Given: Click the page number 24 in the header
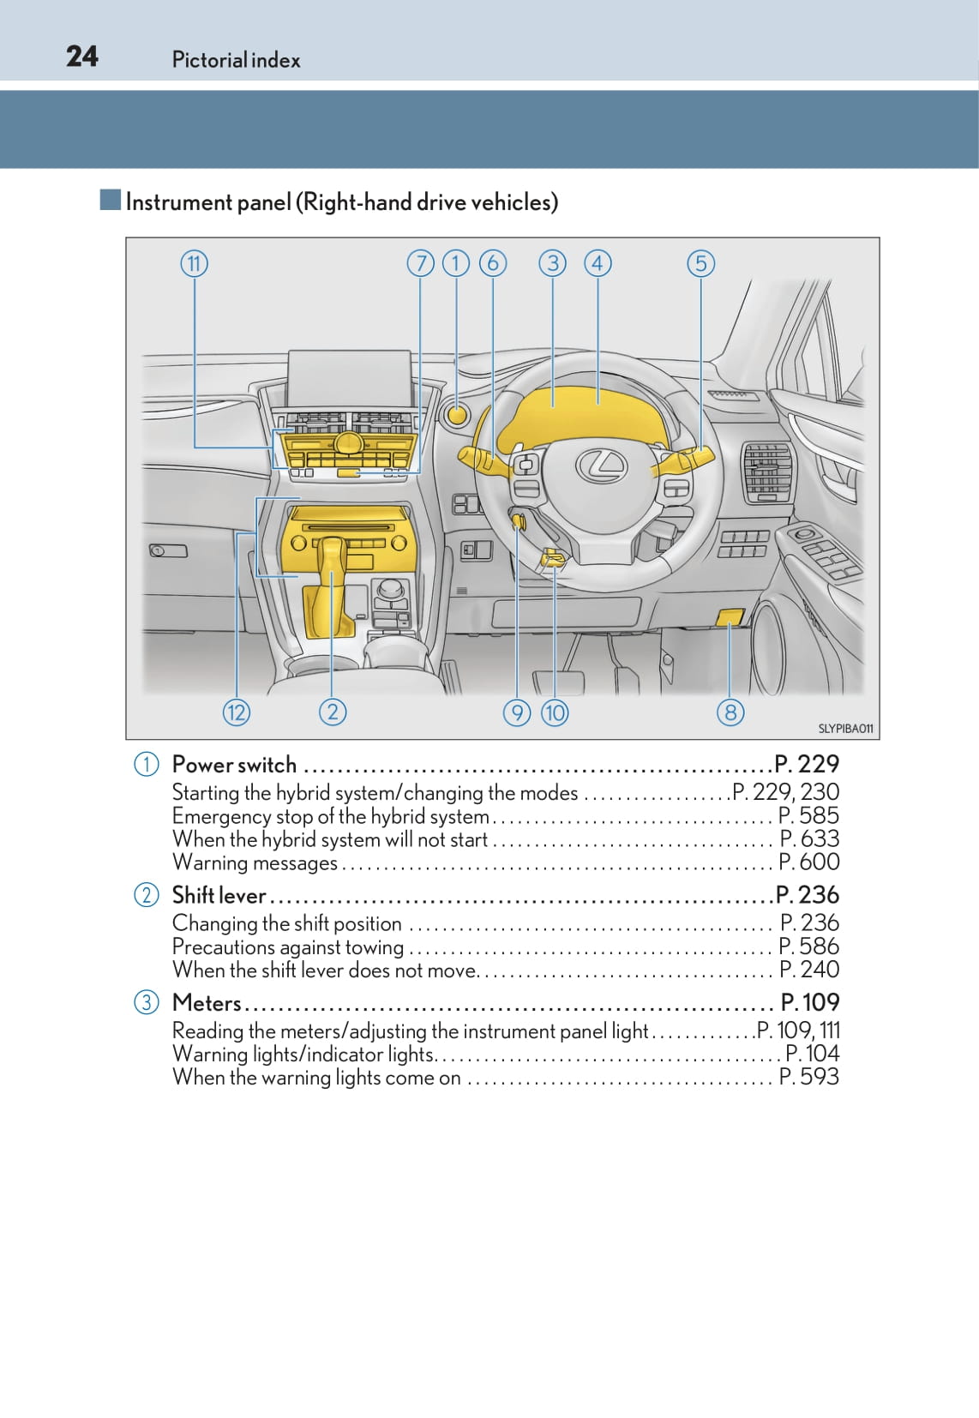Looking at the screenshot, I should click(x=82, y=57).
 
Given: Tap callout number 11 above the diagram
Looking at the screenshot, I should click(x=195, y=263).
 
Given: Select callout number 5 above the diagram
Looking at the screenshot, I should click(x=700, y=263).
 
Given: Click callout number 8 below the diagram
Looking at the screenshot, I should click(x=730, y=712).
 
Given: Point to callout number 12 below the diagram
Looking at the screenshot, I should click(x=236, y=712).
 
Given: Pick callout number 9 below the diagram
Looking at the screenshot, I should click(x=517, y=712).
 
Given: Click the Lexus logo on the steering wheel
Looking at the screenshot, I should click(x=602, y=465).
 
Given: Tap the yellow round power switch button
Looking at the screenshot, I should click(x=458, y=415).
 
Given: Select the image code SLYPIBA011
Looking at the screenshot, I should click(x=845, y=729).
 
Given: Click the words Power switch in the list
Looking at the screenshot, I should click(x=234, y=765).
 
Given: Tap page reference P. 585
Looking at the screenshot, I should click(x=808, y=815).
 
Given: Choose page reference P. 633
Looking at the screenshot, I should click(x=809, y=838).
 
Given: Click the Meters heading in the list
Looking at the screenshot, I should click(x=207, y=1002).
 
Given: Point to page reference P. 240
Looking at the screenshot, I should click(x=809, y=970).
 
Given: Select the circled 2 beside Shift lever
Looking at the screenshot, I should click(x=147, y=895).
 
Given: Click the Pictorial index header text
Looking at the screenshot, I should click(x=236, y=60).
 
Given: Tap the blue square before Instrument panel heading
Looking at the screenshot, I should click(x=110, y=201).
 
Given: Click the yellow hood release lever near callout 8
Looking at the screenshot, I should click(x=730, y=616).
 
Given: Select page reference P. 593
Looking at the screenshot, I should click(x=808, y=1077).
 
